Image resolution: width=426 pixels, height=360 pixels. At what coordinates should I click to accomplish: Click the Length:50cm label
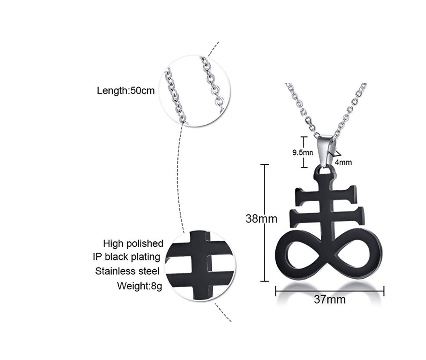[x=126, y=90]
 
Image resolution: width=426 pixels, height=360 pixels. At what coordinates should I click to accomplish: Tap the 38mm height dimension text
[x=261, y=218]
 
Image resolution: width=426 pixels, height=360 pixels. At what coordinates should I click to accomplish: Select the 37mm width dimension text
[x=330, y=299]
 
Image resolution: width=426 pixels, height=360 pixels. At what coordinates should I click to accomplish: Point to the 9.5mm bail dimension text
[x=303, y=152]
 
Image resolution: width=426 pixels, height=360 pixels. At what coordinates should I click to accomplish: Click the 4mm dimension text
[x=343, y=162]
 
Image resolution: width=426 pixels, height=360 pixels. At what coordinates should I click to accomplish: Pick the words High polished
[x=133, y=243]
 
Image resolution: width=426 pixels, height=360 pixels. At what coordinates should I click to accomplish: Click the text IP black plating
[x=126, y=257]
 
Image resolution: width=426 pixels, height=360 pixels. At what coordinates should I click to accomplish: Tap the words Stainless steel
[x=127, y=271]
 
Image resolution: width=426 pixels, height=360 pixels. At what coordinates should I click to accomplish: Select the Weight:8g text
[x=139, y=286]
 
